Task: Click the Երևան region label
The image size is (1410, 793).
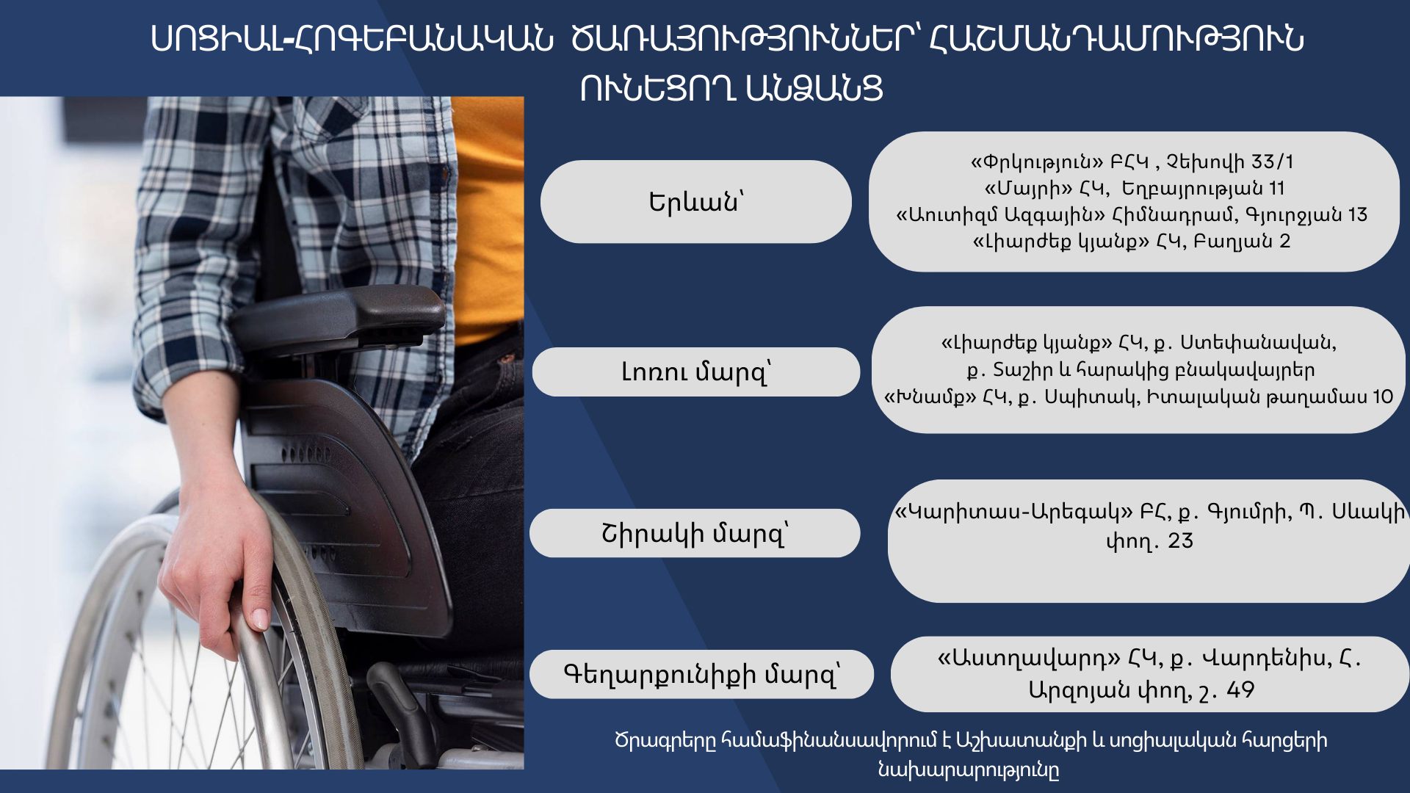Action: click(695, 202)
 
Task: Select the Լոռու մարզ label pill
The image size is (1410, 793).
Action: click(695, 372)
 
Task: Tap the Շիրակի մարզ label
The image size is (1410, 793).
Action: click(695, 534)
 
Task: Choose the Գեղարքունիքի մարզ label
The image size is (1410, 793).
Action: click(701, 674)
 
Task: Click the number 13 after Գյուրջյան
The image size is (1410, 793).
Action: click(1357, 214)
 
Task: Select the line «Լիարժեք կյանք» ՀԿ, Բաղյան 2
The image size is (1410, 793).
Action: click(1131, 242)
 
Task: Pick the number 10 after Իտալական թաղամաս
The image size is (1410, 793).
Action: click(1382, 397)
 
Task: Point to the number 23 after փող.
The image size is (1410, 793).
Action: click(1180, 541)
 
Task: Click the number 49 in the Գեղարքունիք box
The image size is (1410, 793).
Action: click(1240, 690)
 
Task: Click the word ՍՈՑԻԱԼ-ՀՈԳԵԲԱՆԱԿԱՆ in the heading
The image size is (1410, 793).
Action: click(351, 38)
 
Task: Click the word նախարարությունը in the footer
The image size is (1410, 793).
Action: click(969, 770)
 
